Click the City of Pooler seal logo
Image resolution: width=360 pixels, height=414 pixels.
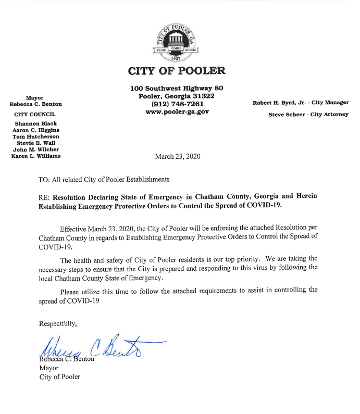click(177, 41)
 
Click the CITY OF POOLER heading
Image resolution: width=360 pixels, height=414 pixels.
click(177, 71)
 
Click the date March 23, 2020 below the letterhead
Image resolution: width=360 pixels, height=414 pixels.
click(177, 156)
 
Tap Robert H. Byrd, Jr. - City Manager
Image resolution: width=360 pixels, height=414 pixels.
click(301, 103)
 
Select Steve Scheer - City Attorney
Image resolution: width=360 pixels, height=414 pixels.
click(307, 114)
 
